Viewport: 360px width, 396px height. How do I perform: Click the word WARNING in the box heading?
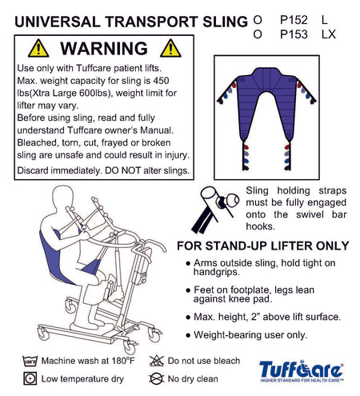(104, 48)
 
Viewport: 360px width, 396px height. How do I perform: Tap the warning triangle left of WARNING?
(38, 49)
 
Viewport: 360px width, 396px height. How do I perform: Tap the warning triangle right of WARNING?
(170, 49)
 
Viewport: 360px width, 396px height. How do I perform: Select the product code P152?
(294, 20)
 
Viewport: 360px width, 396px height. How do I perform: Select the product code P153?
(294, 34)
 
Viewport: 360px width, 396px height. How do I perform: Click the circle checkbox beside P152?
(258, 20)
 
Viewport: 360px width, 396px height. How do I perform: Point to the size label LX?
(329, 34)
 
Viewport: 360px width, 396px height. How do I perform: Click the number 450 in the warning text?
(161, 81)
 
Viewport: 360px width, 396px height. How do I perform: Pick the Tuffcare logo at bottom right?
(302, 371)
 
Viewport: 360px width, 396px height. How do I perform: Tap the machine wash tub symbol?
(30, 361)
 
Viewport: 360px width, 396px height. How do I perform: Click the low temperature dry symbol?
(30, 378)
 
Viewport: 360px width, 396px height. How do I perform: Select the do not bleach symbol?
(156, 361)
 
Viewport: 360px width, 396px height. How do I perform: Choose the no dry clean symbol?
(156, 378)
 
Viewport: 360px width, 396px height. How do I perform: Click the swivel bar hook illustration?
(215, 210)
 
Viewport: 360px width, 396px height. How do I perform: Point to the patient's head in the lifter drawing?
(62, 198)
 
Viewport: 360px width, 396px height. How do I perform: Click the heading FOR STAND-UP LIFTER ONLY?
(263, 246)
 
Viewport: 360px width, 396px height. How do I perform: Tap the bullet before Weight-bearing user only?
(188, 335)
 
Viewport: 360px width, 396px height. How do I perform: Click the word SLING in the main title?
(225, 22)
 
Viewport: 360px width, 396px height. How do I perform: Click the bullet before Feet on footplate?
(188, 290)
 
